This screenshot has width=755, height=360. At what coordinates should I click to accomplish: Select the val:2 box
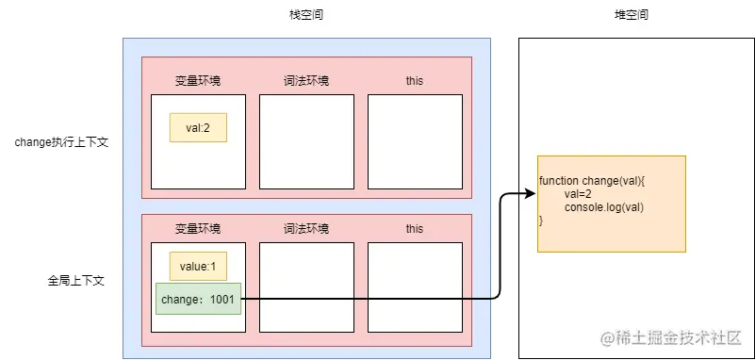198,128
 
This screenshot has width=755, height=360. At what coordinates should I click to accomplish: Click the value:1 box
198,266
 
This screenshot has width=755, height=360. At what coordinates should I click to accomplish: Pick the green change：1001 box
198,299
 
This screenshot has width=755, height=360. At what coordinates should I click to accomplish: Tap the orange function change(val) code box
611,203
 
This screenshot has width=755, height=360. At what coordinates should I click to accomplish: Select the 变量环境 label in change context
198,81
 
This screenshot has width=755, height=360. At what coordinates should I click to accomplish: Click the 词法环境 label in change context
306,81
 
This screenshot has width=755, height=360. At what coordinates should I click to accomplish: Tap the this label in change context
415,81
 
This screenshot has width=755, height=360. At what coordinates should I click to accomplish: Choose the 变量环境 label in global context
198,229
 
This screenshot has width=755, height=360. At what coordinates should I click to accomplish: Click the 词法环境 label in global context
306,229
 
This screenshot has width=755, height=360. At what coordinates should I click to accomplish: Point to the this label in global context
415,229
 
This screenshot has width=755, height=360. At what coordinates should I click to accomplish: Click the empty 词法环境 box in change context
306,141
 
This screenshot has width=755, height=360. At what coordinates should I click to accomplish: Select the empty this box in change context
415,141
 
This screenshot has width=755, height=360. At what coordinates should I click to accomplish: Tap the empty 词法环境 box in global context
306,286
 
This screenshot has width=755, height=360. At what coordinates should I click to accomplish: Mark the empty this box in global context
415,286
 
